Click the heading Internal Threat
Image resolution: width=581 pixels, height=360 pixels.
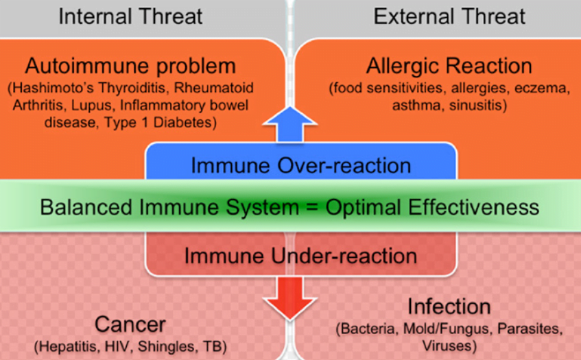point(130,16)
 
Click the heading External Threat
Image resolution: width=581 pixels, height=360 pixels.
point(449,16)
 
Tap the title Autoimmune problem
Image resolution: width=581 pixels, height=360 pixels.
point(130,66)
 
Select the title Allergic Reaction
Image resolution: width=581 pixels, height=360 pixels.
point(449,66)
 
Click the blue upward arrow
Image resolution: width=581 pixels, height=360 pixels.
point(289,124)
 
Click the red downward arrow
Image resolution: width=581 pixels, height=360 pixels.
point(289,298)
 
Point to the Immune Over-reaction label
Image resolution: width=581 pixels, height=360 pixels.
point(301,165)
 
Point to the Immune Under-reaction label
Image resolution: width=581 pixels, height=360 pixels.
point(301,256)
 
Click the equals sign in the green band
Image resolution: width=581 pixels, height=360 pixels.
point(312,207)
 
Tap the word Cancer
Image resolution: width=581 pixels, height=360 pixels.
point(130,324)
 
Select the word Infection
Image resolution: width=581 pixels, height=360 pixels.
point(449,307)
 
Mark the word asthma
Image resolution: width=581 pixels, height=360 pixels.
point(418,106)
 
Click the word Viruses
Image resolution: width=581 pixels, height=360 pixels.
point(449,346)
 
